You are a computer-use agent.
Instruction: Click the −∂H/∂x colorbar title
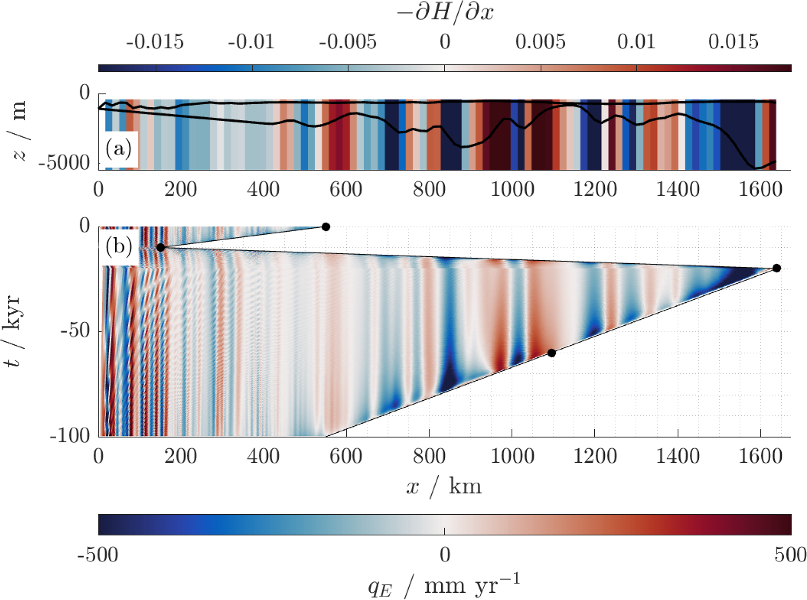pyautogui.click(x=445, y=13)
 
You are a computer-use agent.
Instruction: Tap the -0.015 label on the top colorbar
pyautogui.click(x=155, y=41)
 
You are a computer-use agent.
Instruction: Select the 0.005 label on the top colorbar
pyautogui.click(x=540, y=41)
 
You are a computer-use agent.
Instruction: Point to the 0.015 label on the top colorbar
pyautogui.click(x=733, y=41)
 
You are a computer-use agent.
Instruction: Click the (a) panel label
pyautogui.click(x=118, y=149)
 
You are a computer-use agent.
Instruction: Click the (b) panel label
pyautogui.click(x=118, y=247)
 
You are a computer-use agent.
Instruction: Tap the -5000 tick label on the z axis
pyautogui.click(x=64, y=163)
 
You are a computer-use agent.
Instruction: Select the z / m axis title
pyautogui.click(x=19, y=131)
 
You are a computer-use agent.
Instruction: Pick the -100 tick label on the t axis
pyautogui.click(x=70, y=435)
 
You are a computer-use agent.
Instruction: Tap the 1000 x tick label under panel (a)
pyautogui.click(x=512, y=190)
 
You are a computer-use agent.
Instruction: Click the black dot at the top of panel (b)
pyautogui.click(x=326, y=227)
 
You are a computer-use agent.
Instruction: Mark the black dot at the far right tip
pyautogui.click(x=777, y=268)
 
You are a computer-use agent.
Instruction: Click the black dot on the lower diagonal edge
pyautogui.click(x=551, y=353)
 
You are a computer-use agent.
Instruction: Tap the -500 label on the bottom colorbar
pyautogui.click(x=98, y=555)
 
